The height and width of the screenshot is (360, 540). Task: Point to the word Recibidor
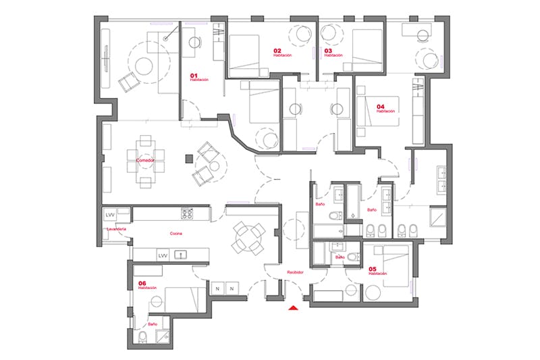pos(295,272)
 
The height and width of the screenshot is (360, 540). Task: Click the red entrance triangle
pos(293,309)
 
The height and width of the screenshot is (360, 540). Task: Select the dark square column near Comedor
pos(190,159)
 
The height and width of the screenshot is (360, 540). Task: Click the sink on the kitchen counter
pos(181,255)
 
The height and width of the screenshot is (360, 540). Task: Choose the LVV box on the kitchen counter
pos(163,256)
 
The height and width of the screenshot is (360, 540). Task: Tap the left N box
pos(217,288)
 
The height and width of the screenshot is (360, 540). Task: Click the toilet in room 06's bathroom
pos(142,338)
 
